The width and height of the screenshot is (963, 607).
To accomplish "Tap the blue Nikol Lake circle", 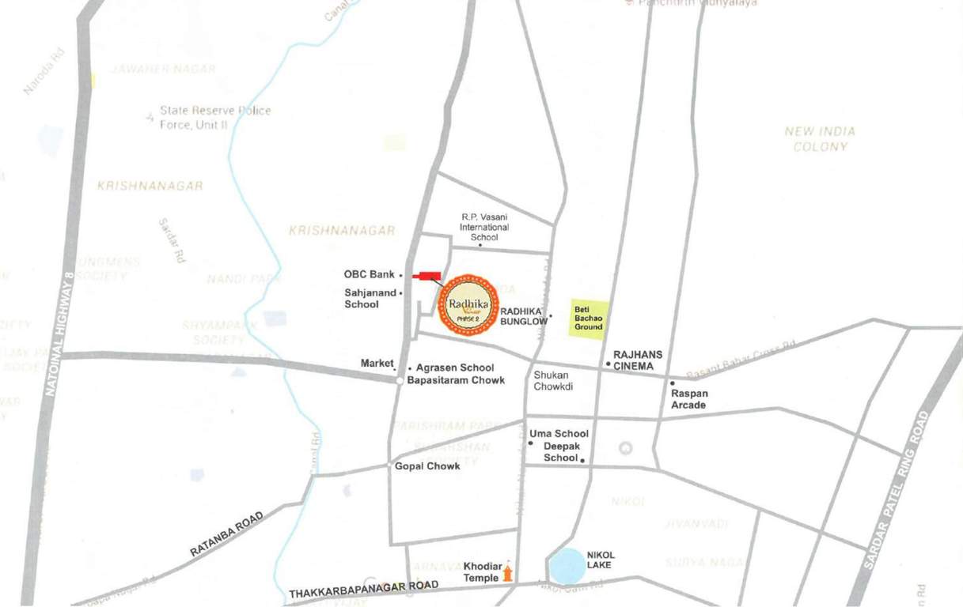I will coord(567,565).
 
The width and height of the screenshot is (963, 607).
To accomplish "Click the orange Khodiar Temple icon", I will coord(507,571).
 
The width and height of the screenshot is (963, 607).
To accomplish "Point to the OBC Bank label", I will coord(369,274).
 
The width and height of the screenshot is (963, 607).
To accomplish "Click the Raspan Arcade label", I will coord(688,399).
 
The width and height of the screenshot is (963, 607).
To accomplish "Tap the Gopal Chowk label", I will coord(427,466).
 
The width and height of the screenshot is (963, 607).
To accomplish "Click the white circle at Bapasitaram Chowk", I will coord(400,380).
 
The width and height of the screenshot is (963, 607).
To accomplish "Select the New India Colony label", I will coord(820,139).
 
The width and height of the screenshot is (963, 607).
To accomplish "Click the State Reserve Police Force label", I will coord(214,117).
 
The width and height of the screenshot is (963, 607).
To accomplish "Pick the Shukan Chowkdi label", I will coord(552,381).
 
